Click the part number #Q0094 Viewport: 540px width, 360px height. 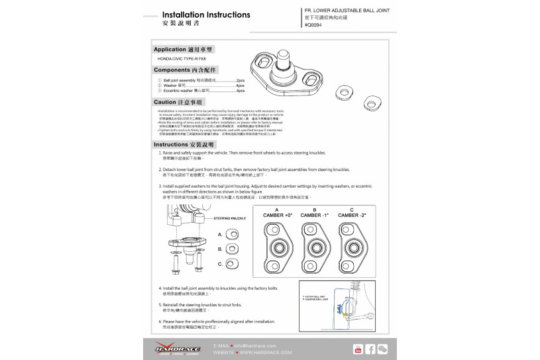(x=313, y=25)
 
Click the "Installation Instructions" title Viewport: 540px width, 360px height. (x=205, y=15)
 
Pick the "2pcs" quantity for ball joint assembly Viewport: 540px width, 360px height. (x=240, y=80)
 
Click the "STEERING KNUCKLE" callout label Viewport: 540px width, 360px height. (x=230, y=217)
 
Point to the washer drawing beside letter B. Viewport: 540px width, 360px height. (x=233, y=249)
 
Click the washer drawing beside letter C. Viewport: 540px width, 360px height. (x=233, y=264)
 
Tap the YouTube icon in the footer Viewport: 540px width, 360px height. (x=358, y=349)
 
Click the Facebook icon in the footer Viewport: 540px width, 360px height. (x=370, y=349)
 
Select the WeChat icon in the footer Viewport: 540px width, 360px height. (x=382, y=349)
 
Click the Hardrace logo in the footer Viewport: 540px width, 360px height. (x=174, y=347)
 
